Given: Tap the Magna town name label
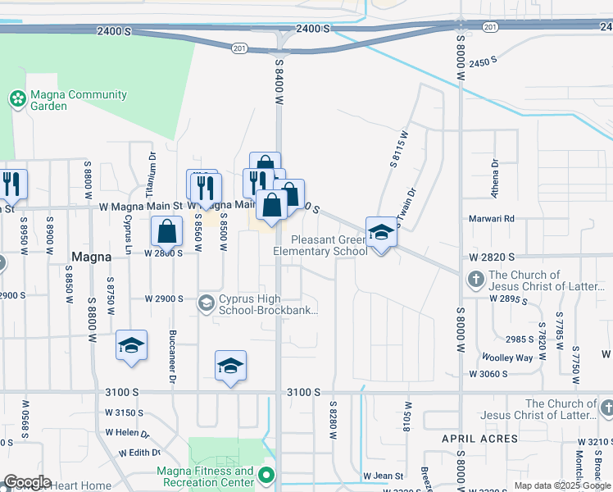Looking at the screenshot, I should pos(91,256).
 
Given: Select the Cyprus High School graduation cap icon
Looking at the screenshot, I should pos(207,304).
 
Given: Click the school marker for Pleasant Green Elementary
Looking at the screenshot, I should pos(381,234).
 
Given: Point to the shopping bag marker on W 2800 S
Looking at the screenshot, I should pos(167,232).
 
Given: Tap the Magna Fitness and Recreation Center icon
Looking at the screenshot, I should pos(266,476).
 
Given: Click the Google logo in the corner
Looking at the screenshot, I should pos(26,482).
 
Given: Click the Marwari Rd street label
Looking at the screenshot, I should pos(491,219).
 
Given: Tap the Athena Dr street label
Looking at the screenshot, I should pos(495,175).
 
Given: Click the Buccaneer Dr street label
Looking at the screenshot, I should pos(173,363).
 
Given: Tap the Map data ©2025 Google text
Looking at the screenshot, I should pos(561,485).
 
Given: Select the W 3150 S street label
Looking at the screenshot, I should pos(125,412).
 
